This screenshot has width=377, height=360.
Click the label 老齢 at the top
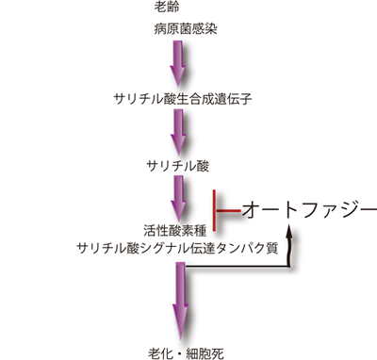tap(167, 8)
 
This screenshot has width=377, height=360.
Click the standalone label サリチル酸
tap(178, 166)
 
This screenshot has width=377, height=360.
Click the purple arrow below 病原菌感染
tap(178, 64)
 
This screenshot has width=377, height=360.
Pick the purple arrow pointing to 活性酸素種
tap(178, 197)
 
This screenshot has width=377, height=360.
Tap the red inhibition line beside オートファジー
tap(228, 209)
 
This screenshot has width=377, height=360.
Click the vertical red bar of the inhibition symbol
tap(216, 209)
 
